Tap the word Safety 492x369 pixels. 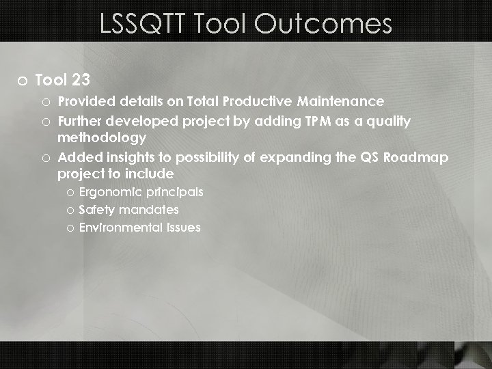[97, 210]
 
